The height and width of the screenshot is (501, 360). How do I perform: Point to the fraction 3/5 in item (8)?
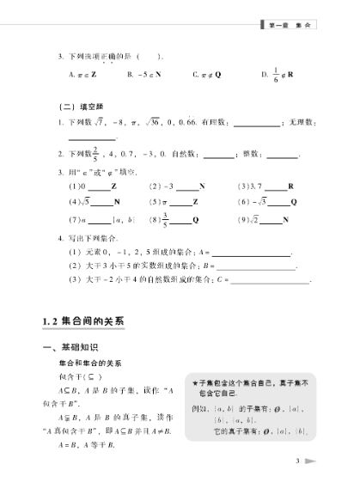coord(165,218)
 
